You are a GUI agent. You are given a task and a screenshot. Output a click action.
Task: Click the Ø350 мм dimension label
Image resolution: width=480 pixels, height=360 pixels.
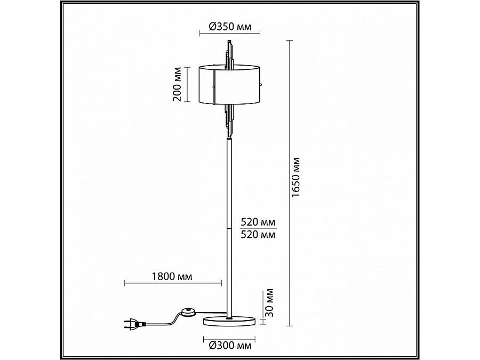point(229,27)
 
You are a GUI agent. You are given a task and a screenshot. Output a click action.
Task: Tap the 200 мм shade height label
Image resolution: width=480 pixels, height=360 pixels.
point(178,85)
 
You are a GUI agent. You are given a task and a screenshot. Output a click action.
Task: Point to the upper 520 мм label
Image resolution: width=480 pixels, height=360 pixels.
point(258,221)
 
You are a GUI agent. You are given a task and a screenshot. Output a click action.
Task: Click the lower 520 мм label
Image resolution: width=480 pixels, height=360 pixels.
point(258,234)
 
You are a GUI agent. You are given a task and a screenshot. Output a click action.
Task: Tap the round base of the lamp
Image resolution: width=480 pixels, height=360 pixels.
point(229,321)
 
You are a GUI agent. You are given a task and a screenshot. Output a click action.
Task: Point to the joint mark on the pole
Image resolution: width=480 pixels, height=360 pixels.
point(230,228)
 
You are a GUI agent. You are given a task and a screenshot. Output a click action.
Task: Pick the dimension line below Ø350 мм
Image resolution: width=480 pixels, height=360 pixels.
point(229,34)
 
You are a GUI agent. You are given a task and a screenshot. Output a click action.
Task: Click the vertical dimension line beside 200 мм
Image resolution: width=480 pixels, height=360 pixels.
point(187,85)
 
